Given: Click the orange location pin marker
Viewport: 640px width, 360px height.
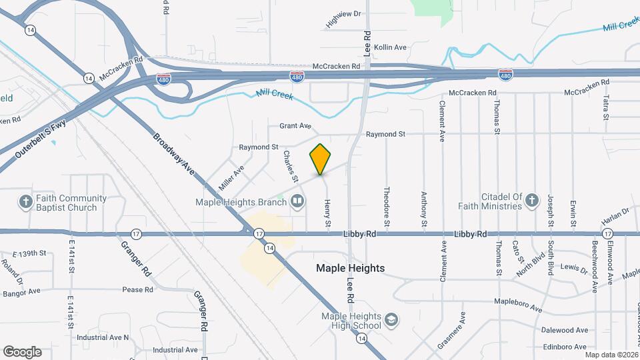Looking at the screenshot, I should pos(321,159).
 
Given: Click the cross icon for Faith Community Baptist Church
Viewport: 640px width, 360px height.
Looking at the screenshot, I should pos(26,201).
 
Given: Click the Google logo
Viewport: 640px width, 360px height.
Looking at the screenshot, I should pos(22,352).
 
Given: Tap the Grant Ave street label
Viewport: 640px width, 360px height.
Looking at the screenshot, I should pos(295,125).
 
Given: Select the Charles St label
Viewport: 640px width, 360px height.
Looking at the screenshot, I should pos(290,166).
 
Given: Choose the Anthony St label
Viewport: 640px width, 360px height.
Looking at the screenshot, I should pos(423,207).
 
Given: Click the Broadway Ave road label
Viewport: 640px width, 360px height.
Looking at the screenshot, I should pos(175,155).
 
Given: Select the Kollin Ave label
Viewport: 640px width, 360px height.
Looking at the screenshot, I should pos(390,47).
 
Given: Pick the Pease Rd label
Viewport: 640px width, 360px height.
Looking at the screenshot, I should pos(137,290).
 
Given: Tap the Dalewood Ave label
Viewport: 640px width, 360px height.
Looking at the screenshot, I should pos(565,330).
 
